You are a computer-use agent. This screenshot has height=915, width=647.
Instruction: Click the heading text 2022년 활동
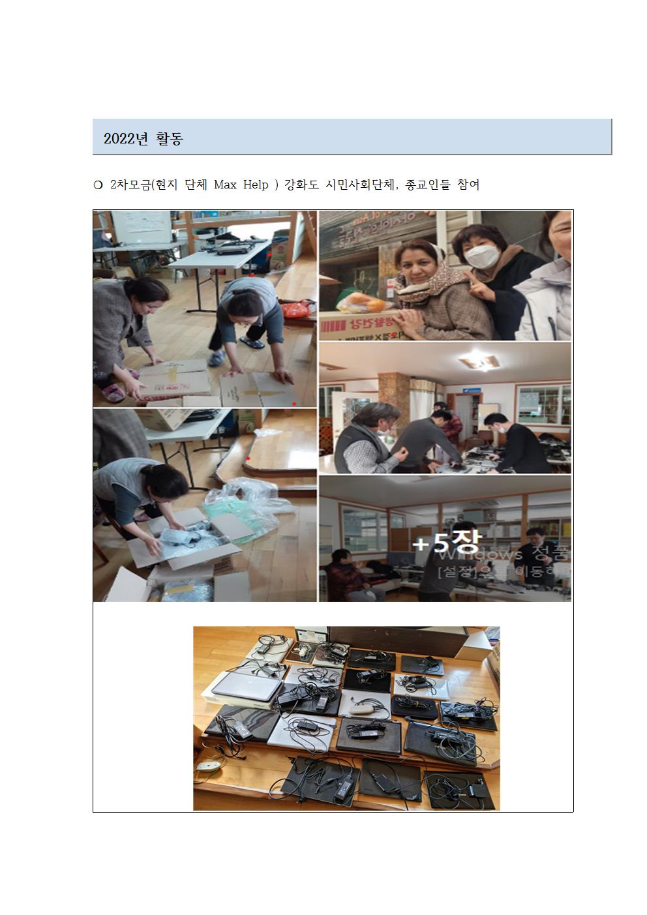click(143, 138)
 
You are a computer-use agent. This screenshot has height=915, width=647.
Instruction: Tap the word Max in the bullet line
click(225, 185)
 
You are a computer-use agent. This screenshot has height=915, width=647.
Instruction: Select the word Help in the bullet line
click(256, 185)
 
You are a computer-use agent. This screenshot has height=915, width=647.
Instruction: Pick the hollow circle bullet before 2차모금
click(98, 186)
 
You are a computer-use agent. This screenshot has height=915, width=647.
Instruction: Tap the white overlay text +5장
click(446, 543)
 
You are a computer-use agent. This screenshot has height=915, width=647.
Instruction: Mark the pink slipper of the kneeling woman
click(113, 392)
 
